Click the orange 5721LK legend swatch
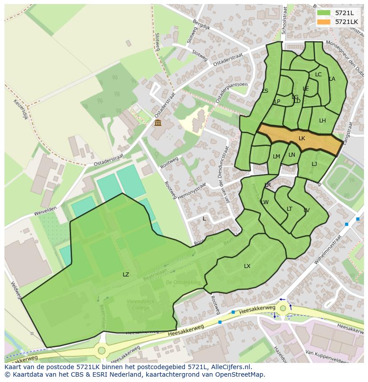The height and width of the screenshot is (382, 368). pyautogui.click(x=324, y=22)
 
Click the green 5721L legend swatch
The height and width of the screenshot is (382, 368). pyautogui.click(x=324, y=13)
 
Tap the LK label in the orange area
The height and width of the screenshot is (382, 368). pyautogui.click(x=302, y=138)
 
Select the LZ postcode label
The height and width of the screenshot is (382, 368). pyautogui.click(x=126, y=275)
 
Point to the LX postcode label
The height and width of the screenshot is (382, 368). pyautogui.click(x=247, y=266)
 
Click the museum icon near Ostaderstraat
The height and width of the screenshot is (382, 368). pyautogui.click(x=158, y=122)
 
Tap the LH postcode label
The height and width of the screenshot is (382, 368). pyautogui.click(x=322, y=121)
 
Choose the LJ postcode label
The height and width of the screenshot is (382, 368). pyautogui.click(x=314, y=164)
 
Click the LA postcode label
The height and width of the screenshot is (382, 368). pyautogui.click(x=332, y=79)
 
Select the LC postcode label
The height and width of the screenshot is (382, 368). pyautogui.click(x=318, y=75)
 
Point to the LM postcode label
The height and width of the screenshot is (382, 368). pyautogui.click(x=276, y=157)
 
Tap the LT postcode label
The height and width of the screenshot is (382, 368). pyautogui.click(x=289, y=209)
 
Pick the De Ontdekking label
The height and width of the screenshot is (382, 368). pyautogui.click(x=183, y=283)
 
